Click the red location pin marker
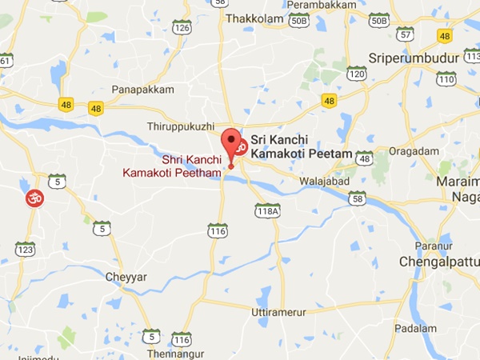(x=233, y=144)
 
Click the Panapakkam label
(x=143, y=90)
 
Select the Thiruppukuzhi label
(x=182, y=127)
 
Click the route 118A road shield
(x=267, y=211)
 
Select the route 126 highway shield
(x=182, y=27)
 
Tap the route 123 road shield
(x=26, y=250)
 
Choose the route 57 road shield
(x=406, y=34)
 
